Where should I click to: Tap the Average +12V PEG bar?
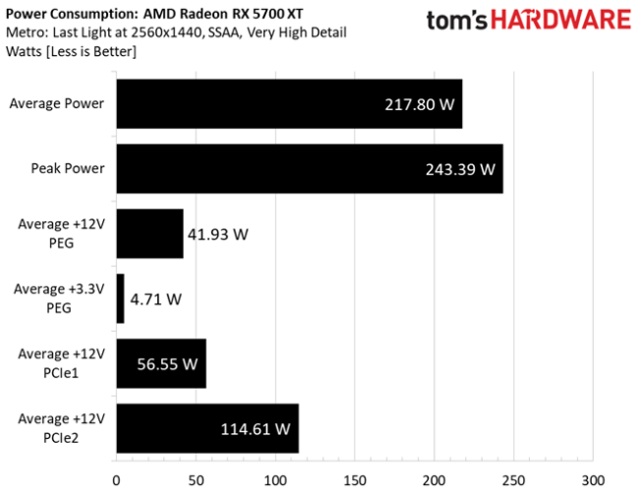coord(149,233)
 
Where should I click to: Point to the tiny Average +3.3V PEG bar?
coord(120,298)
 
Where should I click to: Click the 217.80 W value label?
coord(420,103)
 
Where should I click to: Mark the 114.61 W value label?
coord(255,429)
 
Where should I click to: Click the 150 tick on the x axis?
coord(354,480)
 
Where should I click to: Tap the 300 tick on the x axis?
coord(592,480)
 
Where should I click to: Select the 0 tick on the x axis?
coord(116,480)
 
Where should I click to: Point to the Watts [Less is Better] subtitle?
coord(70,50)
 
